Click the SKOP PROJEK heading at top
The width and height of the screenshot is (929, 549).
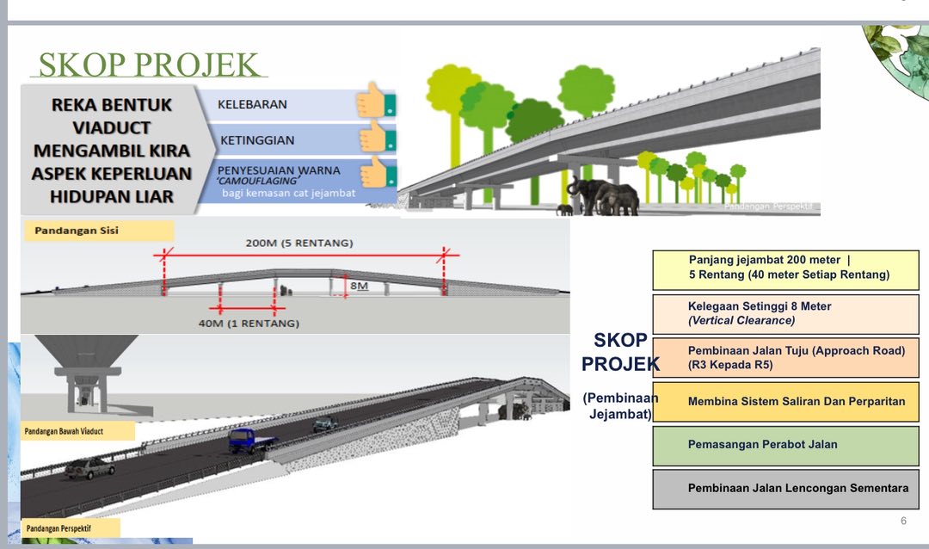[149, 66]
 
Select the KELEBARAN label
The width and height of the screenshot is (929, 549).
[252, 104]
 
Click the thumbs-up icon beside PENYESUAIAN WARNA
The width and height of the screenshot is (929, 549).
[375, 172]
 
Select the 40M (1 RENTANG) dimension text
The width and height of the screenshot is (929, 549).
[249, 324]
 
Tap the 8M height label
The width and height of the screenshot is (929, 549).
[360, 284]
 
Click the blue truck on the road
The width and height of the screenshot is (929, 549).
[252, 441]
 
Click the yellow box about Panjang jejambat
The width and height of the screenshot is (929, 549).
[785, 268]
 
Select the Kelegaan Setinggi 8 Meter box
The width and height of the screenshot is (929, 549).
[785, 313]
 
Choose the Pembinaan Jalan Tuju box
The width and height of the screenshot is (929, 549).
[785, 357]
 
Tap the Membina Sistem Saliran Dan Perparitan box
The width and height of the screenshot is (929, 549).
[785, 402]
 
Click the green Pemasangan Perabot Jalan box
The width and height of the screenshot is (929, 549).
[785, 445]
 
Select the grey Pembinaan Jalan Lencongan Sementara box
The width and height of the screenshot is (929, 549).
[785, 488]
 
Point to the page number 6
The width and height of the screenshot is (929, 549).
[903, 521]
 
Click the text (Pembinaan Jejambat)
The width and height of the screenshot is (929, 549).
[619, 405]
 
